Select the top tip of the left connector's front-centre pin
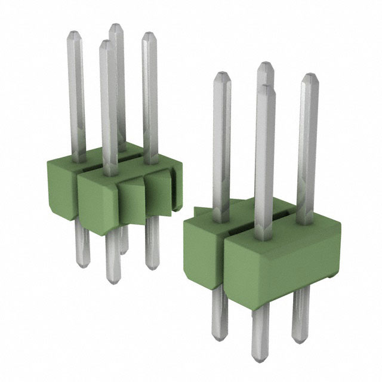pos(106,43)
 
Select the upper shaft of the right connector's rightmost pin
pos(307,143)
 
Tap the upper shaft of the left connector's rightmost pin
pos(149,95)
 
